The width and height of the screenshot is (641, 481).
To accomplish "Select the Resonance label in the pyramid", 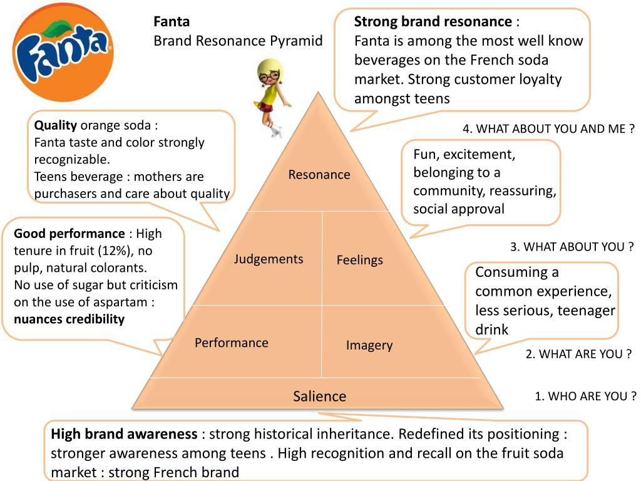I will click(319, 175).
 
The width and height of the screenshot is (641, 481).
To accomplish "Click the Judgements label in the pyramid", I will click(269, 259).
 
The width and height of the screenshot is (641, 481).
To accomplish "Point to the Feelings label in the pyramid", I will click(359, 260).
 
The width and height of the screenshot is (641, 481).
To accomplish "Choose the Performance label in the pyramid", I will click(232, 343).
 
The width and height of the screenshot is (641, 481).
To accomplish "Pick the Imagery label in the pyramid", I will click(369, 345).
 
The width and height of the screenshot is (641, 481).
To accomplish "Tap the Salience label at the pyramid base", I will click(319, 396).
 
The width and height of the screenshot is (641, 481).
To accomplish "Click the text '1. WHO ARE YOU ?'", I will click(585, 396).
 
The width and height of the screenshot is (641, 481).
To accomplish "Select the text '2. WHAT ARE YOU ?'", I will click(578, 354).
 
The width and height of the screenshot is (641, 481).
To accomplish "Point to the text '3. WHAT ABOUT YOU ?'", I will click(572, 247).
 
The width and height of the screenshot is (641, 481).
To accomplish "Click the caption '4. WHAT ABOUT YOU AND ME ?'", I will click(549, 129).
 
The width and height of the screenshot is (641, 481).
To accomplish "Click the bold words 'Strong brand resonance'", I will click(433, 22).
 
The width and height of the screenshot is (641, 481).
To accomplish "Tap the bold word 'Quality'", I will click(56, 125).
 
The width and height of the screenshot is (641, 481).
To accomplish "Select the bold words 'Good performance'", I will click(69, 234).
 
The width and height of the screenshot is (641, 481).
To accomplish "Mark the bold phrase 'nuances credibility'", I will click(69, 319).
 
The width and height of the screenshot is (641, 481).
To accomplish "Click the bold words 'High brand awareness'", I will click(124, 434).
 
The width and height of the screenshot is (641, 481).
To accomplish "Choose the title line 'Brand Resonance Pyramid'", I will click(238, 41).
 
